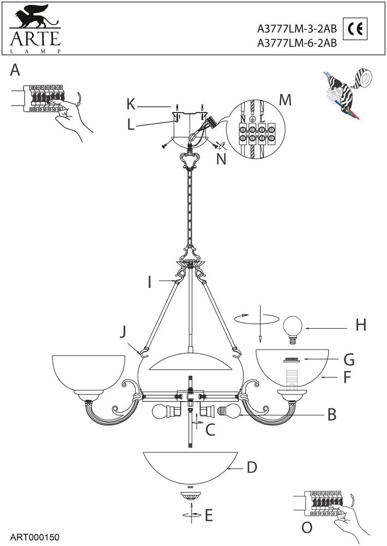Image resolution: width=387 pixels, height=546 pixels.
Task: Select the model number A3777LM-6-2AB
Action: tap(297, 43)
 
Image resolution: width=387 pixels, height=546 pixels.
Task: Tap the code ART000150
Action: tap(35, 537)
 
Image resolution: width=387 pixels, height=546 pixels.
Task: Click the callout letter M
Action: tap(285, 100)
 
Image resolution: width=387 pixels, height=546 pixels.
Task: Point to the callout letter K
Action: tap(131, 104)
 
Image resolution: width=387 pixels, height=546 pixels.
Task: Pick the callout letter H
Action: tap(361, 325)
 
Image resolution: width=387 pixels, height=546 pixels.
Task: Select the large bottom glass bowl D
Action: tap(190, 468)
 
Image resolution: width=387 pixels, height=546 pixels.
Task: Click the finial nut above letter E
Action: tap(190, 496)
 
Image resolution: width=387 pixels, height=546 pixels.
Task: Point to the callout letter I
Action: tap(150, 282)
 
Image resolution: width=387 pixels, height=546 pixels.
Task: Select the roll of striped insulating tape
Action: tap(362, 79)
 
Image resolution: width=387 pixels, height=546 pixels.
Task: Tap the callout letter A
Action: tap(15, 70)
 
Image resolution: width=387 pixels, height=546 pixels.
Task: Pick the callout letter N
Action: tap(222, 159)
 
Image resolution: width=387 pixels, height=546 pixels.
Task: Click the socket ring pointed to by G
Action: tap(292, 360)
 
